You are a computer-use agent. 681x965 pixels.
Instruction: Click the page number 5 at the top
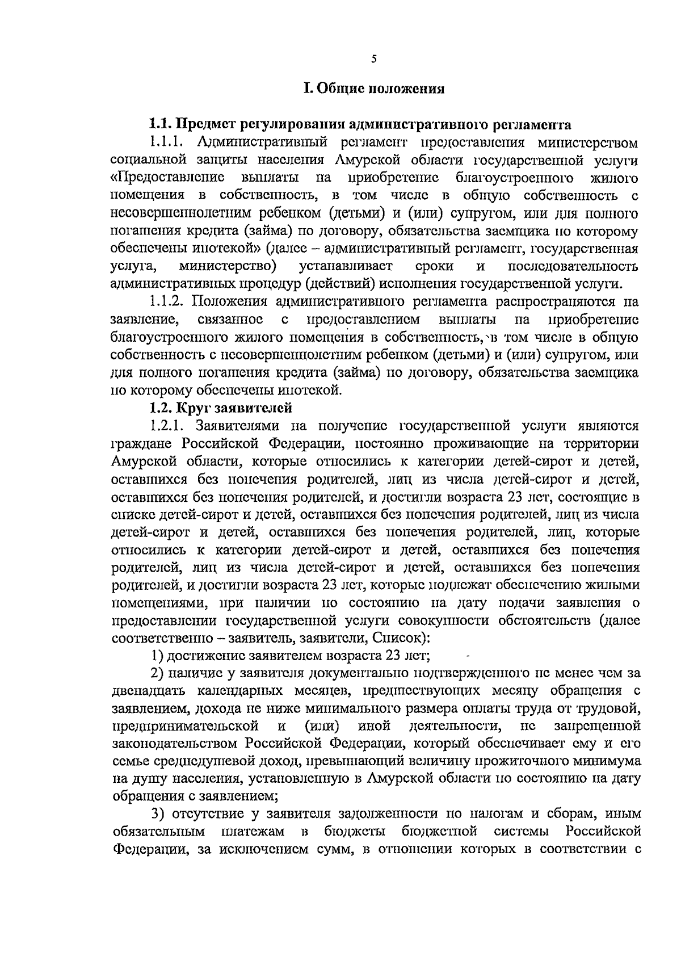click(x=373, y=58)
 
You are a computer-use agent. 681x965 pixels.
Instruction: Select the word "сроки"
click(x=434, y=266)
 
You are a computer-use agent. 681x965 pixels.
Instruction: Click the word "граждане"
click(x=140, y=443)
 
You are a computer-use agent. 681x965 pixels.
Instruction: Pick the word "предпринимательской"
click(x=186, y=726)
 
